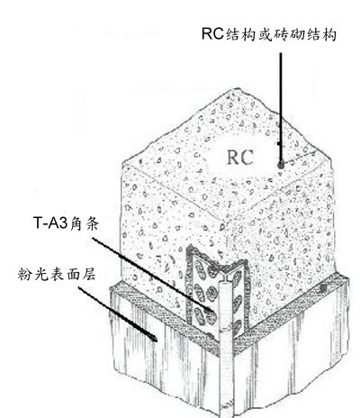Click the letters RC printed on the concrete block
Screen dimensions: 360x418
pos(240,157)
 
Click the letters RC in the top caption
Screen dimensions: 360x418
pos(212,33)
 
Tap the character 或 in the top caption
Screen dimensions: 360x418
pos(265,34)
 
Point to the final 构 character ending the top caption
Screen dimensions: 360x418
pos(329,34)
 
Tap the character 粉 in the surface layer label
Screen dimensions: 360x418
pos(24,274)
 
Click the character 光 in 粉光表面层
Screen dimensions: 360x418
pos(40,274)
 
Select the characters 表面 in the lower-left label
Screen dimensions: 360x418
pos(64,274)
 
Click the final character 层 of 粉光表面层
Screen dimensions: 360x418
pos(88,274)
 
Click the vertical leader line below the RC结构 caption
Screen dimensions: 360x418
pos(281,108)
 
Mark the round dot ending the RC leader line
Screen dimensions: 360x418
pos(281,165)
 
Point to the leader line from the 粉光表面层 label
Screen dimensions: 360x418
pos(118,313)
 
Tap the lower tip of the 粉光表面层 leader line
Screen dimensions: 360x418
pos(156,341)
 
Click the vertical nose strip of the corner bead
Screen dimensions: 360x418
pos(225,345)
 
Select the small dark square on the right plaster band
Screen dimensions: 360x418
pos(323,288)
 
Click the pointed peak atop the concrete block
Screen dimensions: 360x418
pos(238,89)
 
